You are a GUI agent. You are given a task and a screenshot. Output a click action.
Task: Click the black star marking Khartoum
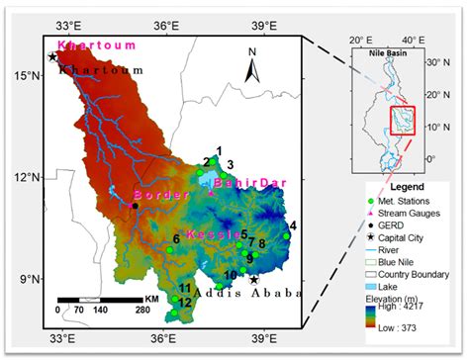pos(52,57)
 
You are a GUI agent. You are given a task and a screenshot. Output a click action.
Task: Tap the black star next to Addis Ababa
pos(254,280)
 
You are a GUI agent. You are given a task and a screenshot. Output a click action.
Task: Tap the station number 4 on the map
pos(292,225)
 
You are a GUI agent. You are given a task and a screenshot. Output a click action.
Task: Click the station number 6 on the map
pos(176,238)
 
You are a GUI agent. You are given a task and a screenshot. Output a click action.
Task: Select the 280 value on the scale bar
pos(142,310)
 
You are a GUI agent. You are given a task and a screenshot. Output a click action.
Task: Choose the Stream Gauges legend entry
pos(411,212)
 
